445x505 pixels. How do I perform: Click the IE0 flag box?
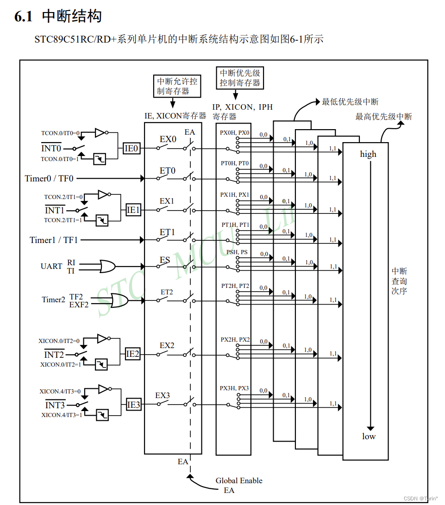[x=132, y=149]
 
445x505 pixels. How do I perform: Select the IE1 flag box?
[x=133, y=210]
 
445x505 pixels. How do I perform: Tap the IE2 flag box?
[x=132, y=354]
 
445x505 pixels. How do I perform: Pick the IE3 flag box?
[x=133, y=405]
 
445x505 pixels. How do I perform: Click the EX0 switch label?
[x=168, y=139]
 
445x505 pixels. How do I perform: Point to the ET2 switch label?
[x=167, y=292]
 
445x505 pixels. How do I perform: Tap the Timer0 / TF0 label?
[x=49, y=178]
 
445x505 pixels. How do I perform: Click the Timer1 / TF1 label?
[x=54, y=240]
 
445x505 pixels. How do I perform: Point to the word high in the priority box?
[x=368, y=154]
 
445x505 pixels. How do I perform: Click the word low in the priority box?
[x=369, y=436]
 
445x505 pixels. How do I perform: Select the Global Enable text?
[x=239, y=480]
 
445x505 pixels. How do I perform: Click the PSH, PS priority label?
[x=237, y=252]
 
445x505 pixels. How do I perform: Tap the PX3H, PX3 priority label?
[x=234, y=388]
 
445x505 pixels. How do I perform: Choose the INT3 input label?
[x=55, y=405]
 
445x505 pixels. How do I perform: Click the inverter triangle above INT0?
[x=100, y=133]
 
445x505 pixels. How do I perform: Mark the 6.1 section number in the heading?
[x=24, y=17]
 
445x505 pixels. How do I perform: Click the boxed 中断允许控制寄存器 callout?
[x=177, y=86]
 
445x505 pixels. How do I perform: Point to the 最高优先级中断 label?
[x=383, y=116]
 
